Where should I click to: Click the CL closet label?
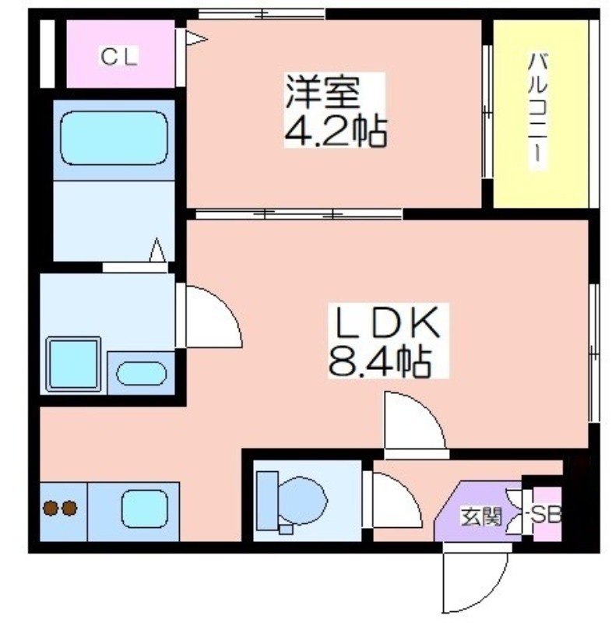[x=119, y=56]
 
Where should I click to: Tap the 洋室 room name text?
[x=323, y=93]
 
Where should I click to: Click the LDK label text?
[x=388, y=323]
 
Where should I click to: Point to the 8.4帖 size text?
[x=380, y=361]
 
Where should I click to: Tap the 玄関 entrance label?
[x=481, y=517]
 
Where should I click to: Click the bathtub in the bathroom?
[x=114, y=138]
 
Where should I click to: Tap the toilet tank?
[x=267, y=501]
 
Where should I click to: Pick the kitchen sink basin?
[x=145, y=510]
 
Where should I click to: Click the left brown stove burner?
[x=51, y=509]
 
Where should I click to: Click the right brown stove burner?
[x=69, y=509]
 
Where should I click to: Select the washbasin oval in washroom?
[x=142, y=373]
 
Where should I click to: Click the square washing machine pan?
[x=73, y=364]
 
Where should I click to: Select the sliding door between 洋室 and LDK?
[x=299, y=215]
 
